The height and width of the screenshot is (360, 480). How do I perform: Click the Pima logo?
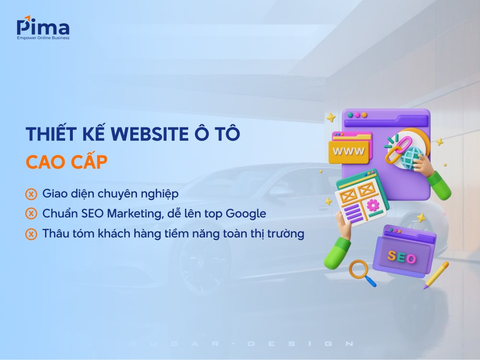(43, 28)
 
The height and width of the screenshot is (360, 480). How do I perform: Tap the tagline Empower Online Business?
(43, 38)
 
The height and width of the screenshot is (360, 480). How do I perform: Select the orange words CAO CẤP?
(67, 162)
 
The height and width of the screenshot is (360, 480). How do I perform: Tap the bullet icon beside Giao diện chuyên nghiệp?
(31, 194)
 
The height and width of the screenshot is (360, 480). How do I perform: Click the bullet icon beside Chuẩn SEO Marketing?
(31, 214)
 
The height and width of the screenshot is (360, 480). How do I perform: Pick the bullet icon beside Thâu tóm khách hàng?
(31, 234)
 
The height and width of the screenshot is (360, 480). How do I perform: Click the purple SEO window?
(403, 254)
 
